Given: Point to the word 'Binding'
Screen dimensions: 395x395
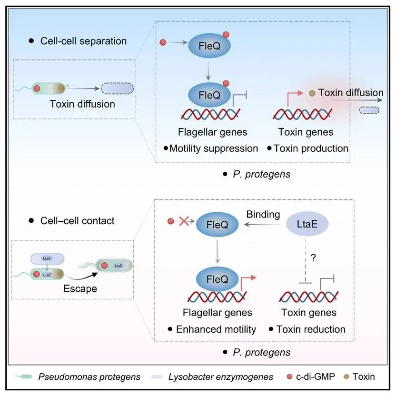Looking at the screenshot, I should (263, 214).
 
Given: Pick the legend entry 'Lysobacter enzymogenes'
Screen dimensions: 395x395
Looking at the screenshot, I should (220, 377).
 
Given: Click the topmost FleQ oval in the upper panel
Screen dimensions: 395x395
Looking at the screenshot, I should (209, 47).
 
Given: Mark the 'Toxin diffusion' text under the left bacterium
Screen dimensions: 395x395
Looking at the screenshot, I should (82, 104).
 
